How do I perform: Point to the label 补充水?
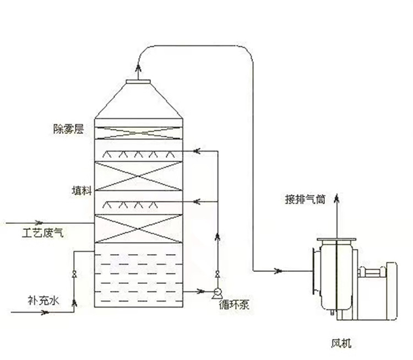point(42,300)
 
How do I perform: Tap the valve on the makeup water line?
point(74,275)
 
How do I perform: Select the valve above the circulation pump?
point(217,275)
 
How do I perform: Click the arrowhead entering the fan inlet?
point(279,271)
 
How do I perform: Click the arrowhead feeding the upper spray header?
point(197,150)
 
